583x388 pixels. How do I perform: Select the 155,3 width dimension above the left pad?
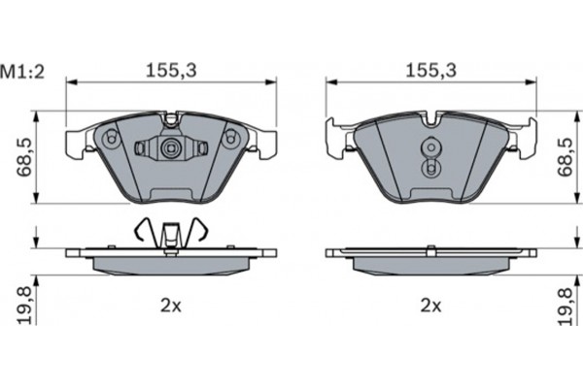point(167,71)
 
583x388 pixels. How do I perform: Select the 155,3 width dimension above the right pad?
point(428,71)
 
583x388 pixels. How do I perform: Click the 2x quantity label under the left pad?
point(170,306)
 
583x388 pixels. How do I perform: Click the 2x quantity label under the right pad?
point(429,306)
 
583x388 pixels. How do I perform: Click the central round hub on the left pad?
point(170,149)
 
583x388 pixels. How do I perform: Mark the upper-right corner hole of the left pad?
point(231,139)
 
